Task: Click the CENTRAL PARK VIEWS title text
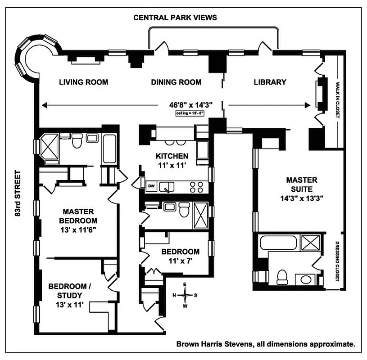point(175,18)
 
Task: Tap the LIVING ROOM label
point(84,82)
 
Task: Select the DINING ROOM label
point(176,82)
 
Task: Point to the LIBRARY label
point(270,82)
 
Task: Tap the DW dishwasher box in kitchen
point(152,186)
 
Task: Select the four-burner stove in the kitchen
point(197,186)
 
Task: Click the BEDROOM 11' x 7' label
point(180,256)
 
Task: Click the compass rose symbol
point(186,295)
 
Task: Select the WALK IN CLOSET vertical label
point(336,99)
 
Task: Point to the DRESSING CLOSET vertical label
point(337,262)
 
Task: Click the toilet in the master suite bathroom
point(282,276)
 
